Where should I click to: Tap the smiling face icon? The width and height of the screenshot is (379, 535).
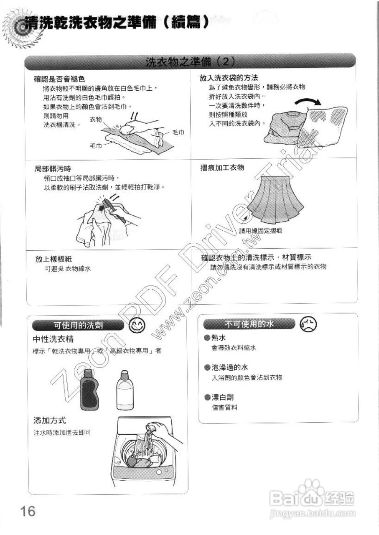click(x=135, y=325)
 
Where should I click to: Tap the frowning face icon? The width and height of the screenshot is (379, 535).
click(x=309, y=324)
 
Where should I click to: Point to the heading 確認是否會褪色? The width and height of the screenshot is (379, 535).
click(x=59, y=79)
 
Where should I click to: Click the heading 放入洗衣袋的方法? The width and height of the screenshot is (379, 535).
click(x=229, y=78)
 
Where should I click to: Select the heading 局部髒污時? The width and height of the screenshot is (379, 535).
click(x=53, y=169)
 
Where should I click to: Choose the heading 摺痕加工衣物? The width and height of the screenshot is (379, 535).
click(x=222, y=168)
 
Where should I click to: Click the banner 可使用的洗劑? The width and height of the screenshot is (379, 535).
click(x=78, y=325)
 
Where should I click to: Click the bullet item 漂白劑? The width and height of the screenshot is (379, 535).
click(x=222, y=397)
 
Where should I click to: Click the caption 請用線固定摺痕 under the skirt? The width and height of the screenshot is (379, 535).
click(x=260, y=231)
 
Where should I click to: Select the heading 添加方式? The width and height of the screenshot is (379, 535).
click(x=49, y=420)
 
